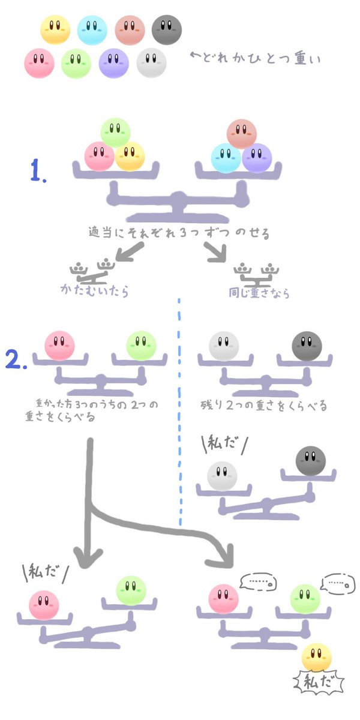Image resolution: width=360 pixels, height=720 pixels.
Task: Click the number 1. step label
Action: pyautogui.click(x=40, y=172)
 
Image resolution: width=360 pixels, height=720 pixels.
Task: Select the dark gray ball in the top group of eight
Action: pyautogui.click(x=166, y=28)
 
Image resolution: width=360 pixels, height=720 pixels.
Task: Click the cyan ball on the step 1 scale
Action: pyautogui.click(x=226, y=158)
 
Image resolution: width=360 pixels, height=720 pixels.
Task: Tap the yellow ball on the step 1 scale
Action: pyautogui.click(x=130, y=156)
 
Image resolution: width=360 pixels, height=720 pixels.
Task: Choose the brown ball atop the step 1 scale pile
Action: pyautogui.click(x=242, y=133)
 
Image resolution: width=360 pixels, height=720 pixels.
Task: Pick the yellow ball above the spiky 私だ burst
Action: pyautogui.click(x=317, y=657)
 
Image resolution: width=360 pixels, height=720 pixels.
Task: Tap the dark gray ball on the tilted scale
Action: pyautogui.click(x=311, y=461)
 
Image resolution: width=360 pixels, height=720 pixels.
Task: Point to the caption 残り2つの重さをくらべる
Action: pyautogui.click(x=264, y=406)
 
